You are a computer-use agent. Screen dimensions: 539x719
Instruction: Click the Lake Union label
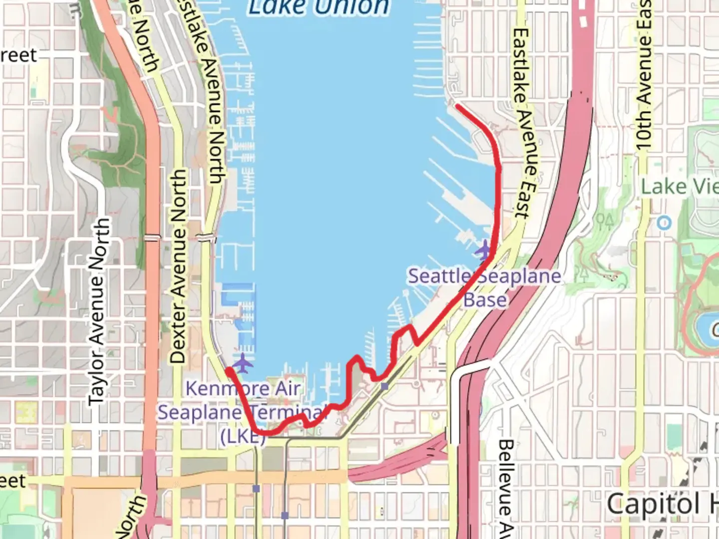[x=319, y=7]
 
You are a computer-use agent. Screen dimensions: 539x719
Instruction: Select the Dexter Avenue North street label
[x=178, y=266]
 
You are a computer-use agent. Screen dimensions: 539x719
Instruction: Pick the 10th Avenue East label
[x=644, y=75]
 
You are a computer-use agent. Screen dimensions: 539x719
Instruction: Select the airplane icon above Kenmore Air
[x=243, y=363]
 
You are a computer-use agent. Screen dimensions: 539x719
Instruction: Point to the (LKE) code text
[x=243, y=436]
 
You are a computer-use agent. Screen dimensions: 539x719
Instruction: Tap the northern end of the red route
[x=457, y=105]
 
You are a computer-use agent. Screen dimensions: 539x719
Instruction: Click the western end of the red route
[x=228, y=370]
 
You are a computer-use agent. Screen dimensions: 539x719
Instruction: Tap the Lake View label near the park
[x=679, y=187]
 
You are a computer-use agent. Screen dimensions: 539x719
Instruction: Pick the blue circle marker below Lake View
[x=664, y=223]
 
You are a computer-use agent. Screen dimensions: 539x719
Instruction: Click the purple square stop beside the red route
[x=384, y=386]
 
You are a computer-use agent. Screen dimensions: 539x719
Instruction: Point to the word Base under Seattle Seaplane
[x=485, y=300]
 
